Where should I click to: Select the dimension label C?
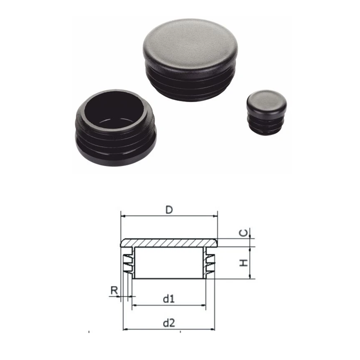point(243,233)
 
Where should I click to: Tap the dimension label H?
point(243,262)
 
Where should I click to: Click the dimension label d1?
point(169,298)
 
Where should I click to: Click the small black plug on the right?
point(266,112)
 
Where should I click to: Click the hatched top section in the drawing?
point(169,243)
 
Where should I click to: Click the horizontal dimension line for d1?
point(169,306)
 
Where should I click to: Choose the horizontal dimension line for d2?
point(169,329)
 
